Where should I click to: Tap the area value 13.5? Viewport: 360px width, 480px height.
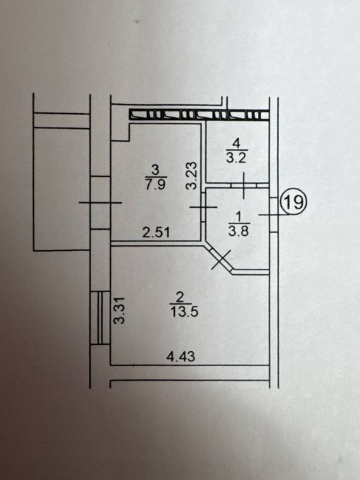184,312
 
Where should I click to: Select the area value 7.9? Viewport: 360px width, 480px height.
156,185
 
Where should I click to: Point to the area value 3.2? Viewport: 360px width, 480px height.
237,158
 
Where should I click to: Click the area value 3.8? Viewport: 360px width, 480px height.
239,231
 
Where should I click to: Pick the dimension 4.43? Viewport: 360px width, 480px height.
180,357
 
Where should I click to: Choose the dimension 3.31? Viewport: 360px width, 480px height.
119,310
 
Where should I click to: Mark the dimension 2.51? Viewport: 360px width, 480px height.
156,232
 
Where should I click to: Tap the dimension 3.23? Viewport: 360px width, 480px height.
192,176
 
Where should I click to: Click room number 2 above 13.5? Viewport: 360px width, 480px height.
180,297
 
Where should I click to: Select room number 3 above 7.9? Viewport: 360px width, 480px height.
156,170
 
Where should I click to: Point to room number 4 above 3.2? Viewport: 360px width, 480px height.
237,143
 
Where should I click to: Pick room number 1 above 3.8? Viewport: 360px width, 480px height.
239,217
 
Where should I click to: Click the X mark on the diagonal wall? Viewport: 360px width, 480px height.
221,260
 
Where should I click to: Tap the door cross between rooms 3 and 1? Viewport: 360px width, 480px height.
203,207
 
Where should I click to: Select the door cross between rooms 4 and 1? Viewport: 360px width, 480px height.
243,185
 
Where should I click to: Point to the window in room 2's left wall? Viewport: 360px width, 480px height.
100,317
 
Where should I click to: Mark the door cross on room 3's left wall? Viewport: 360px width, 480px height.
100,202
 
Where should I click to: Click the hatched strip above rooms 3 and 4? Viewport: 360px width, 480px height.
199,115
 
